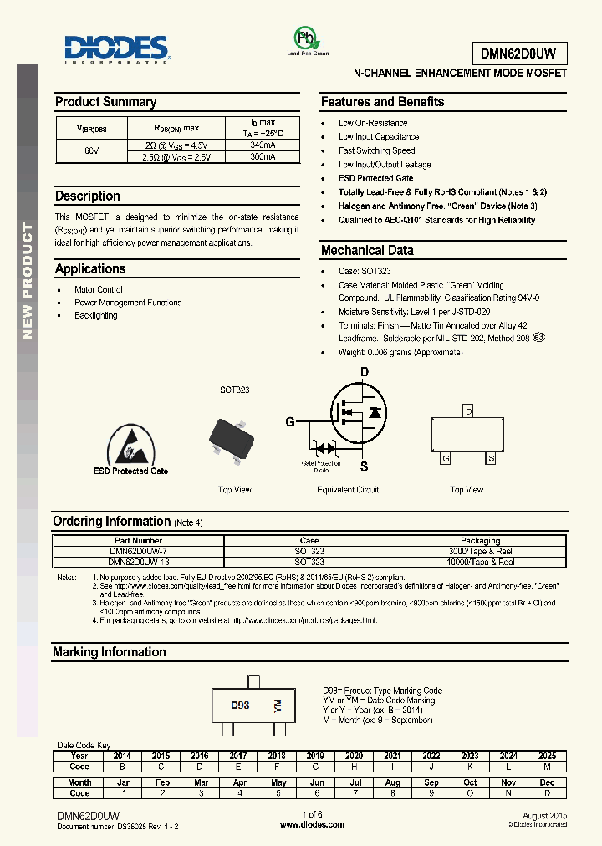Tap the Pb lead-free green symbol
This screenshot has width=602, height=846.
point(307,39)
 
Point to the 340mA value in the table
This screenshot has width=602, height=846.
point(262,145)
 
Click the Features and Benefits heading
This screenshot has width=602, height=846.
point(382,102)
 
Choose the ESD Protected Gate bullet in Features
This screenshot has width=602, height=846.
point(375,178)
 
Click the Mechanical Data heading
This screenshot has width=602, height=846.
point(367,250)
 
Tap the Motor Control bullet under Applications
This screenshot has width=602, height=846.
point(99,289)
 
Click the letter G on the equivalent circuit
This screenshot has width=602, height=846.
point(290,422)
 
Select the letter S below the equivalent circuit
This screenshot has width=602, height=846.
point(364,466)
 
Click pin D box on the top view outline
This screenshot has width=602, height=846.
point(468,411)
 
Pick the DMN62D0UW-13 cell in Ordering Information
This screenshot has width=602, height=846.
point(139,562)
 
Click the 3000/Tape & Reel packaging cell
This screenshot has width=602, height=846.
point(480,552)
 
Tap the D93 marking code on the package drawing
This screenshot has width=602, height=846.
point(240,705)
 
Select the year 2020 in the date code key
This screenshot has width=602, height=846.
point(354,755)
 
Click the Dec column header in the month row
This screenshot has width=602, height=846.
point(547,782)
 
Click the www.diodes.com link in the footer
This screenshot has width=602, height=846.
point(312,824)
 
